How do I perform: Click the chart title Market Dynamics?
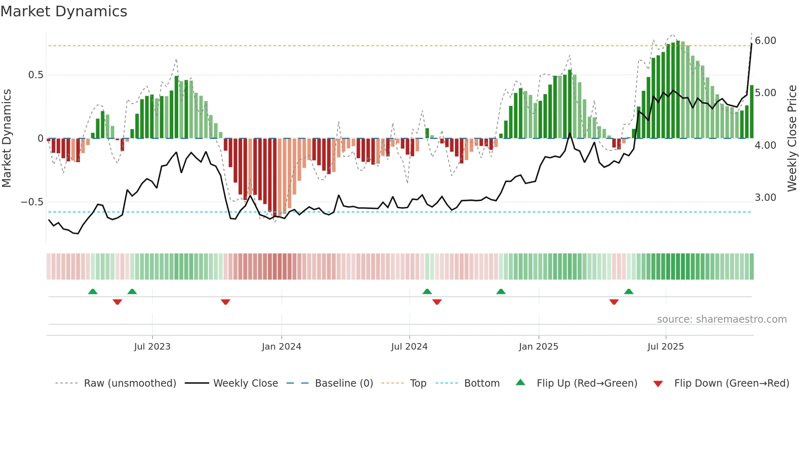(x=64, y=11)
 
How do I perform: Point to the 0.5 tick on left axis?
(x=35, y=75)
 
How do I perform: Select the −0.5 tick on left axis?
(x=32, y=202)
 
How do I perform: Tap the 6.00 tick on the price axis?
(x=765, y=41)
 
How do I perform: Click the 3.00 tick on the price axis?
(x=765, y=198)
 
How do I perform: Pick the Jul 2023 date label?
(x=152, y=347)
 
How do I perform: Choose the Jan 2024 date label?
(x=281, y=347)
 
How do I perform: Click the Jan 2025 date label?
(x=538, y=347)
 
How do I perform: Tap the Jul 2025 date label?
(x=665, y=347)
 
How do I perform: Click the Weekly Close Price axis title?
(x=792, y=139)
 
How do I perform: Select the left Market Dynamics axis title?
(x=7, y=139)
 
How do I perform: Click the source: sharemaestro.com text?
(x=722, y=319)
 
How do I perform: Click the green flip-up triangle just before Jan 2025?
(x=501, y=291)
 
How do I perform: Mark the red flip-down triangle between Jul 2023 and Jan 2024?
(x=225, y=302)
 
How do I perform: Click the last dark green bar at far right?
(x=752, y=112)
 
